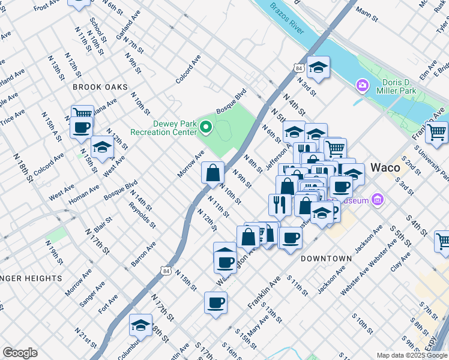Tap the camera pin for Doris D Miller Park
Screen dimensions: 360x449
click(362, 85)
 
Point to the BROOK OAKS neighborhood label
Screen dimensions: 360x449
click(100, 87)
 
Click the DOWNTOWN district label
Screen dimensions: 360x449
click(326, 258)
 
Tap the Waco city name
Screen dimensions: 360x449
click(385, 167)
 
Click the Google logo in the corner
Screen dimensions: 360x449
click(20, 353)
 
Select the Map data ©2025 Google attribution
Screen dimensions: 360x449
click(412, 355)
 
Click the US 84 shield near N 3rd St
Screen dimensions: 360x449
click(298, 68)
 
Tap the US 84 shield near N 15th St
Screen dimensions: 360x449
click(166, 271)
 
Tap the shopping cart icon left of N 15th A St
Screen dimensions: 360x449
click(82, 113)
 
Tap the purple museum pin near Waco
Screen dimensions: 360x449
click(377, 199)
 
